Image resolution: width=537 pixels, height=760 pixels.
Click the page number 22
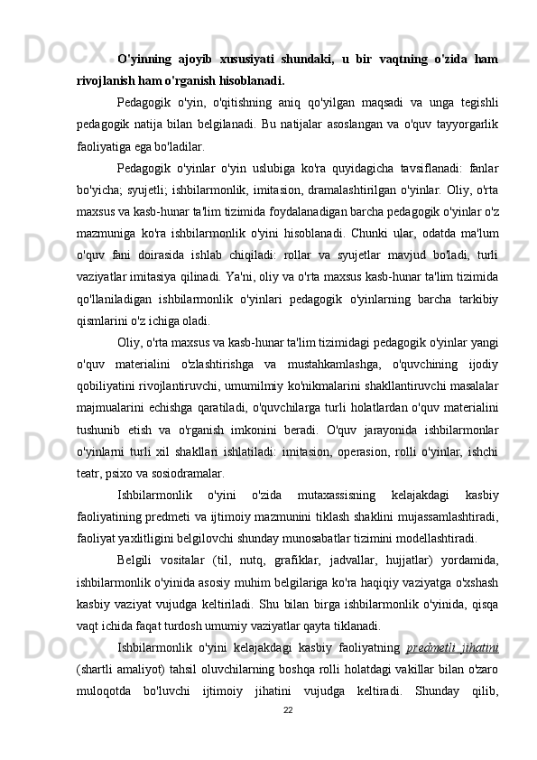click(287, 710)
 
